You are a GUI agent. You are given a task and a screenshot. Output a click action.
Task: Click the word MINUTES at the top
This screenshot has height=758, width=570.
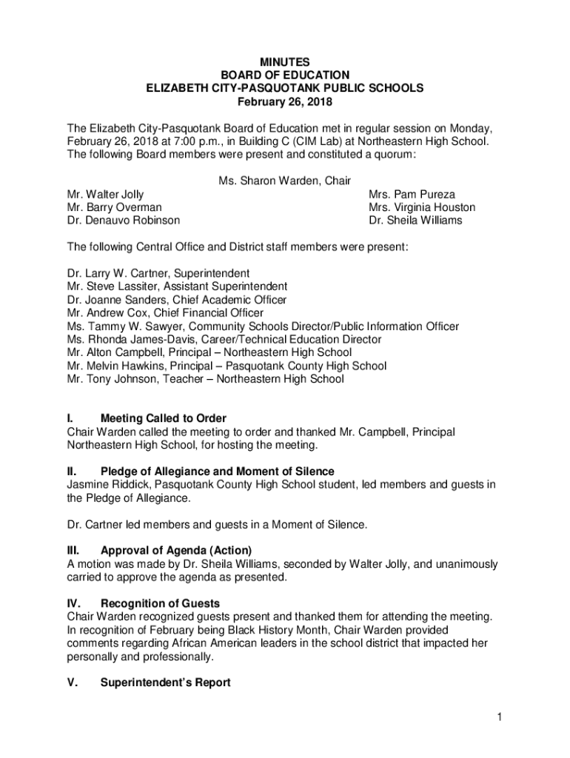click(x=284, y=62)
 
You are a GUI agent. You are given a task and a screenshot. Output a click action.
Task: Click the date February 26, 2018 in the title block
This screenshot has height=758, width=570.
click(x=284, y=101)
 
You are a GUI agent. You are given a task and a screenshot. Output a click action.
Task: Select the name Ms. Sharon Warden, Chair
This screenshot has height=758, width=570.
click(x=284, y=181)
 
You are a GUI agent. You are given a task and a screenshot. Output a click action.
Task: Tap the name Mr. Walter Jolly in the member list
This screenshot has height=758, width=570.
click(x=105, y=195)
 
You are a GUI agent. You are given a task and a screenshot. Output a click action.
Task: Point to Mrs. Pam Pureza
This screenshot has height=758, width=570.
click(x=412, y=195)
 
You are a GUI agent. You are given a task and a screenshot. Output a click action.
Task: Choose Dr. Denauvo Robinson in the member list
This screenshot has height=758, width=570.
click(x=123, y=221)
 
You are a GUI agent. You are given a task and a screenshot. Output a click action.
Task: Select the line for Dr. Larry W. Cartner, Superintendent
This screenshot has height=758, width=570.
click(x=158, y=273)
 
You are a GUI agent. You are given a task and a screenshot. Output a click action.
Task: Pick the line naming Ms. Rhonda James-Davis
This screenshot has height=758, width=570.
click(x=224, y=340)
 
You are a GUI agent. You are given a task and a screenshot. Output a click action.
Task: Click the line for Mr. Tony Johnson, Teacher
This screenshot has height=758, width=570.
click(x=205, y=379)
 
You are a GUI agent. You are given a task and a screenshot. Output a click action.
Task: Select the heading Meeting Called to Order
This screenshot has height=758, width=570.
click(x=164, y=419)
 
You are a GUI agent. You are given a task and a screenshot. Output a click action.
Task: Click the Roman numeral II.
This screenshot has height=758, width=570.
click(x=72, y=472)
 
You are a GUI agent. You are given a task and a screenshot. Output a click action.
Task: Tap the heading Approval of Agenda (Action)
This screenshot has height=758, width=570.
click(x=176, y=550)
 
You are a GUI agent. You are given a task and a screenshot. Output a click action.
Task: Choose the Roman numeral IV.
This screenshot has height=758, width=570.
click(x=74, y=603)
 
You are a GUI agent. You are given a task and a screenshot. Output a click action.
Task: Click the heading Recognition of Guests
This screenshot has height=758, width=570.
click(x=160, y=603)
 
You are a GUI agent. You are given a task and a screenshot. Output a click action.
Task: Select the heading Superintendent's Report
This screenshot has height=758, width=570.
click(x=165, y=682)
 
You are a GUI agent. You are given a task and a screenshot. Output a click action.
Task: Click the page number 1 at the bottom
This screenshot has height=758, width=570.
click(x=500, y=717)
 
